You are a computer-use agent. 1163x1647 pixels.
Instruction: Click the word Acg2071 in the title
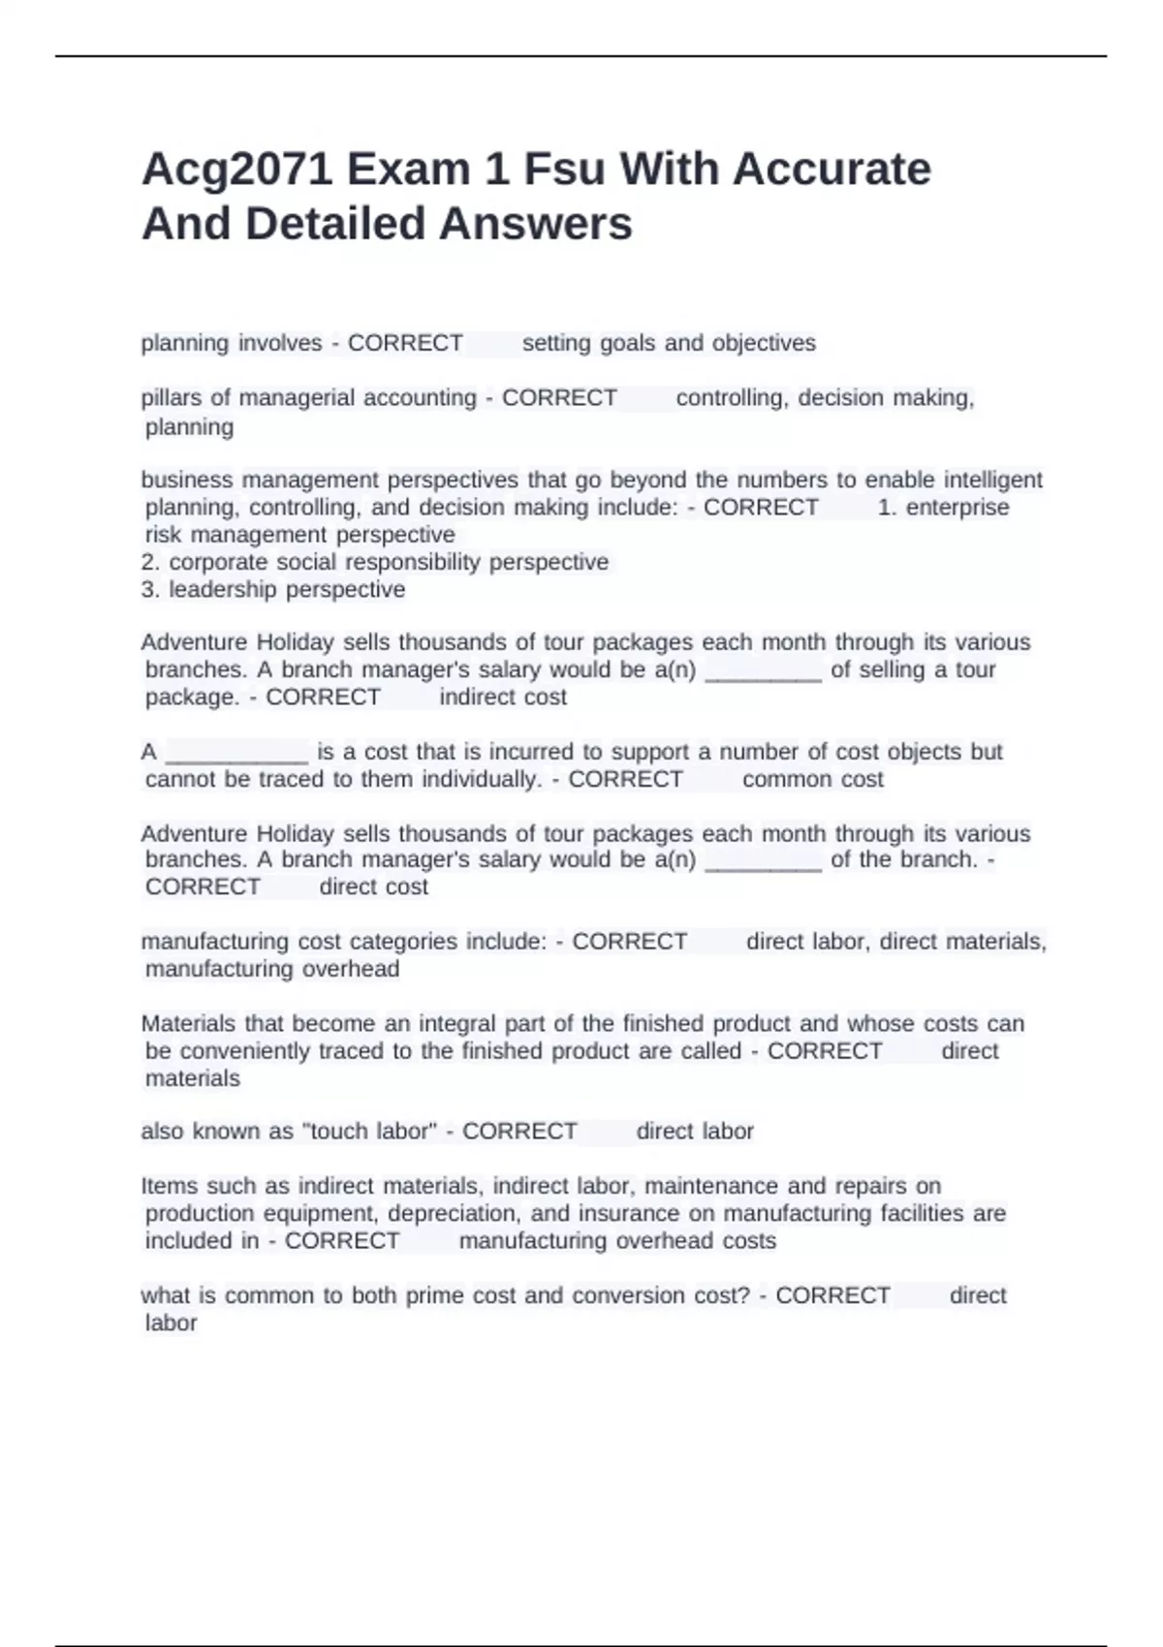point(237,171)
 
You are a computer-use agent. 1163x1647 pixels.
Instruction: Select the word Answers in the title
point(535,225)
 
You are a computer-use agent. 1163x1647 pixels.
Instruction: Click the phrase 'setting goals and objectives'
point(669,343)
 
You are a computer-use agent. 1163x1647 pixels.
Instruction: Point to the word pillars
point(172,397)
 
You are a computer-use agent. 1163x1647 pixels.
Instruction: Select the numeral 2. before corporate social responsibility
point(150,562)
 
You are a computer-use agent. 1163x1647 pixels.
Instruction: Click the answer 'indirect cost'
point(503,697)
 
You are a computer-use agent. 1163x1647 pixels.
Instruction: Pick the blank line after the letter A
point(237,754)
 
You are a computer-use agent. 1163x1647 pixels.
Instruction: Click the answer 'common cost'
point(812,779)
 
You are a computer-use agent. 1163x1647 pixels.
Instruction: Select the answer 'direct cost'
point(373,886)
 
